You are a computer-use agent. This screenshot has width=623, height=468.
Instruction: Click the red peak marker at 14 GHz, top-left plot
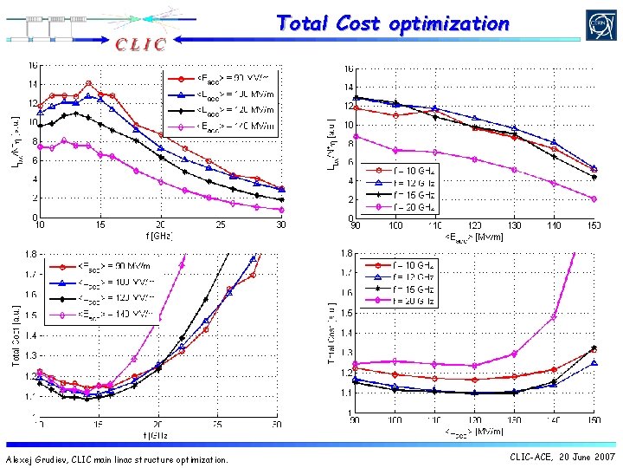88,83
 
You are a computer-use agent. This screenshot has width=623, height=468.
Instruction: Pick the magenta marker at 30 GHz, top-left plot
281,210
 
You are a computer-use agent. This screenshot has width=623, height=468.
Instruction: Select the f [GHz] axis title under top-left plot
160,235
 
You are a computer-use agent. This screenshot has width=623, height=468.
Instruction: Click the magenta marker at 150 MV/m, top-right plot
594,198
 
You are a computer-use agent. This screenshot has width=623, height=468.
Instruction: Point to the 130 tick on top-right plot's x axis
514,226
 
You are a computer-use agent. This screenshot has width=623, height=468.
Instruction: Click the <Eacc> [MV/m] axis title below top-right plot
474,236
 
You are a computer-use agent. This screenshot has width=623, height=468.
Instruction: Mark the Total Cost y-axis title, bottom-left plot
16,334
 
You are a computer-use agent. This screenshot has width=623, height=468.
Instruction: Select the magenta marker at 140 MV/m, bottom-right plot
554,317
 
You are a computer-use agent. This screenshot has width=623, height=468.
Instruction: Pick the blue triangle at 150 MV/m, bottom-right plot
594,363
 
